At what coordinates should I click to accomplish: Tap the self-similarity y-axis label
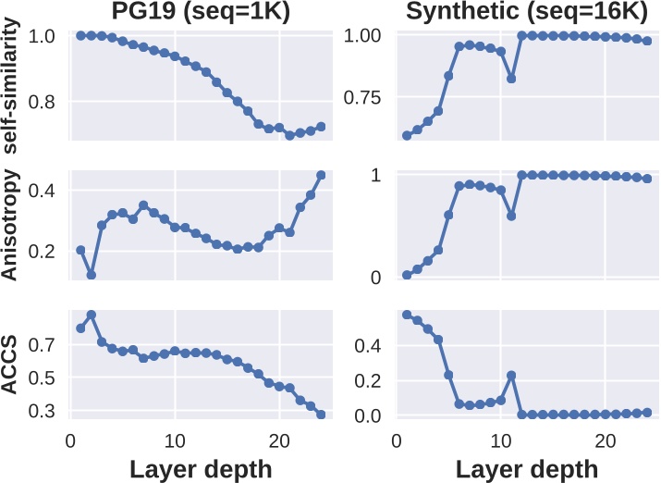pos(13,85)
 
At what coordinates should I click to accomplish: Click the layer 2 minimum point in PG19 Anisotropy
pos(91,275)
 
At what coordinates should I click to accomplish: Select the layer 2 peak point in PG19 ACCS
pos(91,315)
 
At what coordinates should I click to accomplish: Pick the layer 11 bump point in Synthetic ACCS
pos(510,375)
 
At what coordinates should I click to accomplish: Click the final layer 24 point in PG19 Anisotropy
pos(321,175)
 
